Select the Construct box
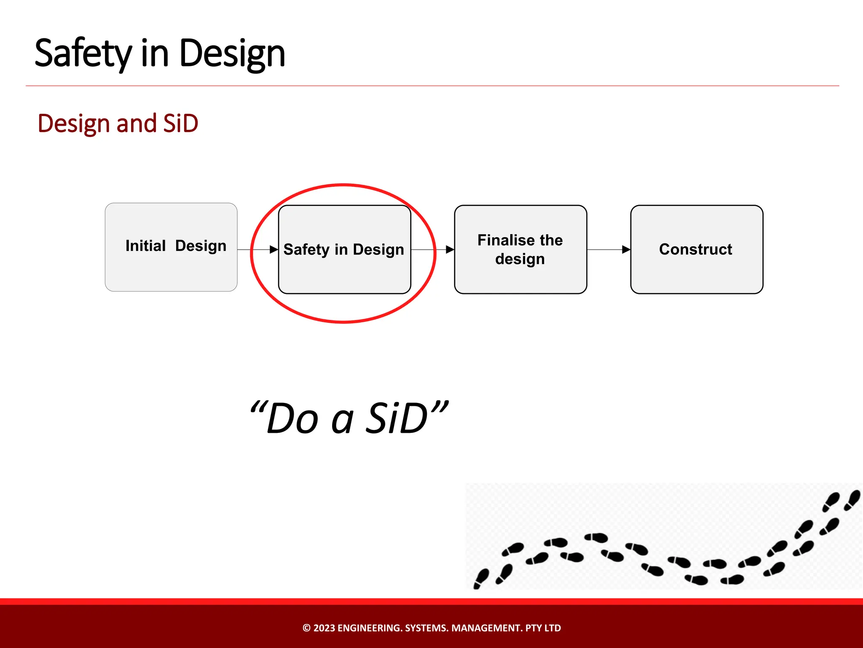[697, 270]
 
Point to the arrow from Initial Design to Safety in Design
[257, 250]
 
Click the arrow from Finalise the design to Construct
[608, 250]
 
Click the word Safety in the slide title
[83, 54]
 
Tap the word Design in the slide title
[232, 54]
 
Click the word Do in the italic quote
[292, 419]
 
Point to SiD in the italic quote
[396, 419]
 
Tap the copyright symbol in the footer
[306, 628]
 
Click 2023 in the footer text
[324, 628]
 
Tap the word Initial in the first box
[145, 246]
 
